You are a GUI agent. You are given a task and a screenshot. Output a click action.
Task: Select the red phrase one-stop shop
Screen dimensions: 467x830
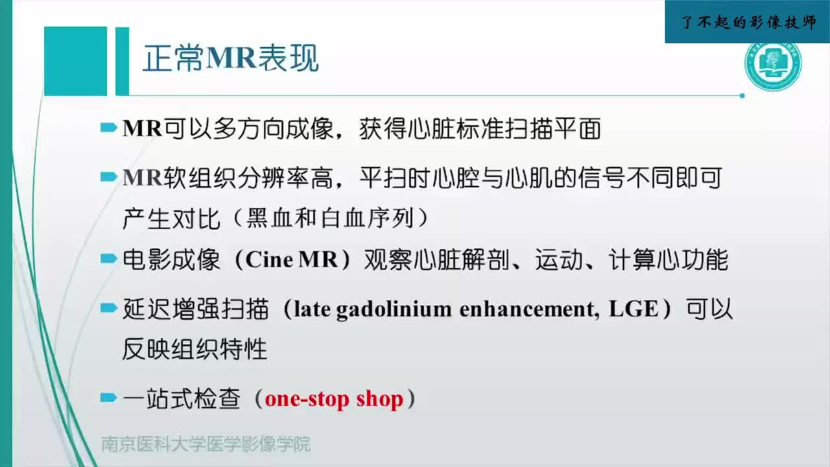(x=334, y=399)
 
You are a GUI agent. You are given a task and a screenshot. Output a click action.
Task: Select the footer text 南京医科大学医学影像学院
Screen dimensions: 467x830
(x=206, y=444)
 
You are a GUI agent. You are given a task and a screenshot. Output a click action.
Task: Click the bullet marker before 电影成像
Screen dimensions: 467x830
(x=108, y=259)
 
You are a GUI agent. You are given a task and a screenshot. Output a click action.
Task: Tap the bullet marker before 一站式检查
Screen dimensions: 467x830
(x=108, y=398)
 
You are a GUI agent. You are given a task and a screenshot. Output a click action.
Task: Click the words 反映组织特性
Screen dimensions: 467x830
(x=195, y=350)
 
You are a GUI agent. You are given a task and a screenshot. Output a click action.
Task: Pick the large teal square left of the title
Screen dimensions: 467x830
(x=75, y=61)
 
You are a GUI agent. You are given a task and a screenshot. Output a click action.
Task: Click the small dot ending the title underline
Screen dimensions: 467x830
(x=742, y=96)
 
